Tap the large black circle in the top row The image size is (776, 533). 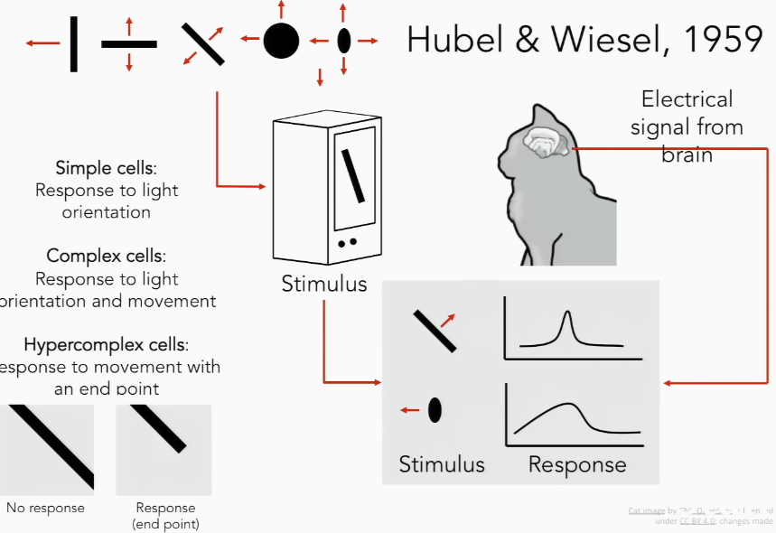pos(281,41)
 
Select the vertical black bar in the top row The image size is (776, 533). pos(73,42)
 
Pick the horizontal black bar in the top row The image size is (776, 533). pos(128,43)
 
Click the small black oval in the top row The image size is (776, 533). pos(343,41)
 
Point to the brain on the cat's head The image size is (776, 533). pos(545,143)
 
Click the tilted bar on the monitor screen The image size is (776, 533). pos(352,175)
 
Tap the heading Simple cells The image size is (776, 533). pos(106,168)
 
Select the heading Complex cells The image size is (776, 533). pos(106,257)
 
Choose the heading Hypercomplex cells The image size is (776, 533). pos(106,344)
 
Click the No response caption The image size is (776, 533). pos(45,508)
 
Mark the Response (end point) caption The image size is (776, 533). pos(165,515)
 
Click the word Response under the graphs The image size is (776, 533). pos(576,464)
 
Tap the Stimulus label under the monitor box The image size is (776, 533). pos(323,284)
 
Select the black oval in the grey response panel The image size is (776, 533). pos(435,410)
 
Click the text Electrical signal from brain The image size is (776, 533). pos(687,126)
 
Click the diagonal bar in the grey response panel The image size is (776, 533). pos(434,331)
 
